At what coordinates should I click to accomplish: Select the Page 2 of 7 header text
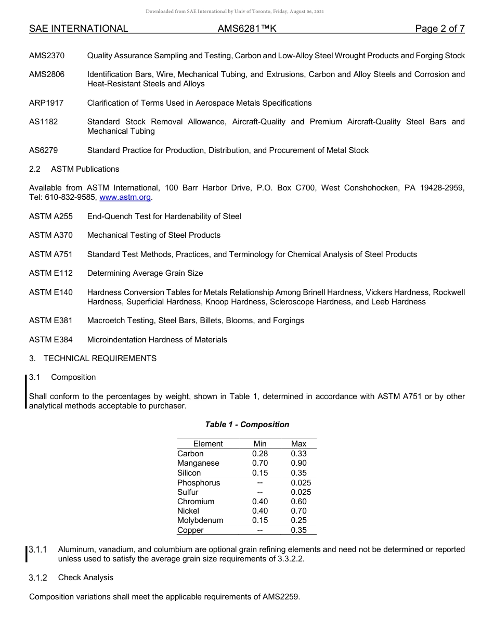click(439, 29)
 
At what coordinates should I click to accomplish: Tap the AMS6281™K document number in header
click(247, 29)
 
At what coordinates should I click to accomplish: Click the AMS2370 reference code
click(47, 56)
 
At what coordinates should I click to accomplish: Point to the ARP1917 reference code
click(46, 103)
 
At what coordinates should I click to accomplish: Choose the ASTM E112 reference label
click(51, 273)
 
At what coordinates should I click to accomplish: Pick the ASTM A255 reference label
click(51, 216)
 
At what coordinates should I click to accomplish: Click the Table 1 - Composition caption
click(247, 425)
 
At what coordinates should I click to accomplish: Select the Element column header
click(208, 444)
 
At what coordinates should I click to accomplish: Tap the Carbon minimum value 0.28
click(260, 454)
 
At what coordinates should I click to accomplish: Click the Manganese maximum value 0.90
click(299, 463)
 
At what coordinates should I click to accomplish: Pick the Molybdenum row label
click(200, 520)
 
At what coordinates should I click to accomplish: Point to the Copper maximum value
click(299, 530)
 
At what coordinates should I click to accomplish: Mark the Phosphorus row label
click(199, 483)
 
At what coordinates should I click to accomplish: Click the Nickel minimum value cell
click(260, 511)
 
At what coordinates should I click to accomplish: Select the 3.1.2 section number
click(38, 578)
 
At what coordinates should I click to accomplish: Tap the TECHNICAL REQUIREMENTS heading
click(100, 359)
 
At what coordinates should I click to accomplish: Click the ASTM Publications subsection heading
click(85, 169)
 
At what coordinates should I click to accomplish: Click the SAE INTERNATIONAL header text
click(79, 29)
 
